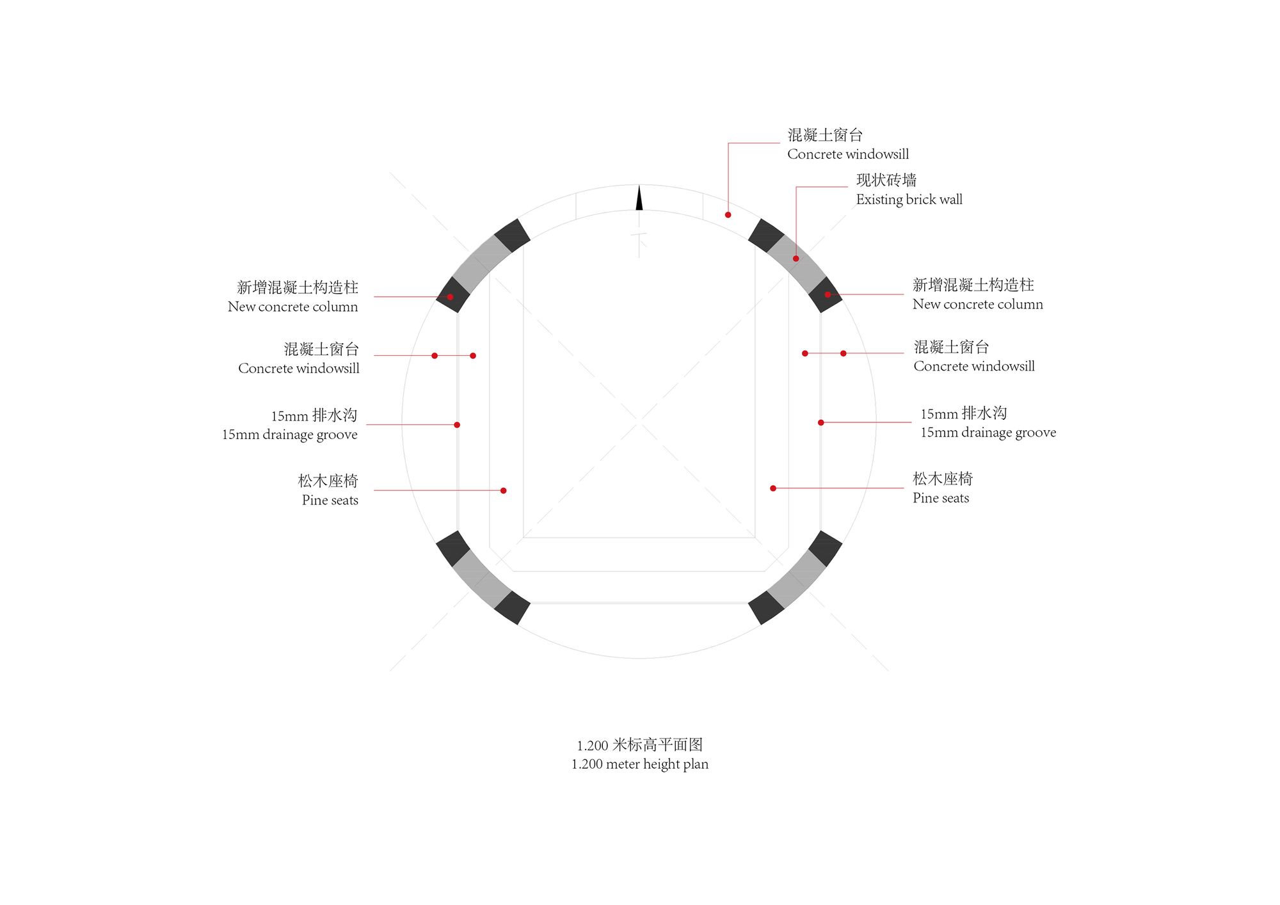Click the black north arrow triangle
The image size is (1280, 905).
tap(639, 199)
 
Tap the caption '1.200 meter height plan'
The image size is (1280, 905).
tap(640, 764)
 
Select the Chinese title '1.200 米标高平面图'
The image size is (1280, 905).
tap(640, 745)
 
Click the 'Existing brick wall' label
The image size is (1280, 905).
tap(909, 200)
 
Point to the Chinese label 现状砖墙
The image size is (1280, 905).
tap(886, 180)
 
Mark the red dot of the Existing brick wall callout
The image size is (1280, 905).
tap(796, 259)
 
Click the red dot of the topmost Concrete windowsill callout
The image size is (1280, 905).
tap(728, 215)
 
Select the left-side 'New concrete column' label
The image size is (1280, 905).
tap(293, 307)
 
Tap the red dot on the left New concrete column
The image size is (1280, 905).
tap(450, 297)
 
